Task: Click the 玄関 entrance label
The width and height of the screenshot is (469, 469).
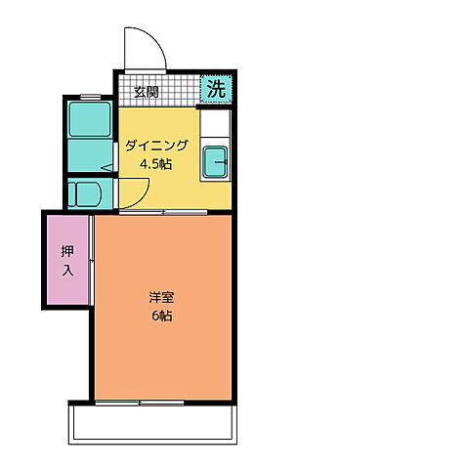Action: (147, 92)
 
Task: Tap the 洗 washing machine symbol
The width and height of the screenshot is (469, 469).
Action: (217, 88)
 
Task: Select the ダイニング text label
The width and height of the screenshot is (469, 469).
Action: (155, 147)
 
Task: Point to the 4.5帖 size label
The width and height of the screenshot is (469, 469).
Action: (155, 164)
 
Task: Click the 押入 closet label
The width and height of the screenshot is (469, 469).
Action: (66, 258)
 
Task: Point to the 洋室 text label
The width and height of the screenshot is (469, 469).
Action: (162, 298)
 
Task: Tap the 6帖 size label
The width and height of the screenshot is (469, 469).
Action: (162, 317)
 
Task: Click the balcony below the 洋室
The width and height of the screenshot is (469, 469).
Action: (151, 422)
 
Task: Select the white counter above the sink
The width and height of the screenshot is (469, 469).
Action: (216, 124)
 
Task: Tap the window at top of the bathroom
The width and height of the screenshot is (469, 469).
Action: (90, 96)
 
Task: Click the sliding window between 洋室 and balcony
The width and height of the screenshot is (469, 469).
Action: (163, 402)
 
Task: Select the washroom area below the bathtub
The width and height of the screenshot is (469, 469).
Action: (89, 155)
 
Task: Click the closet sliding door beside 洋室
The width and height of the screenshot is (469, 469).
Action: (91, 259)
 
